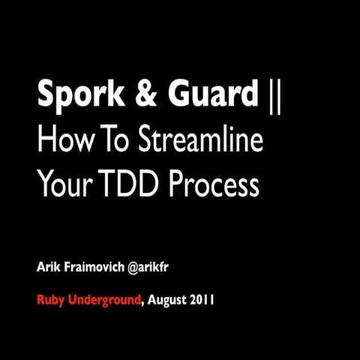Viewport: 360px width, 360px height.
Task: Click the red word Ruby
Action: coord(52,301)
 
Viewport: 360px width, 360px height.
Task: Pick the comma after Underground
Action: coord(142,304)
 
